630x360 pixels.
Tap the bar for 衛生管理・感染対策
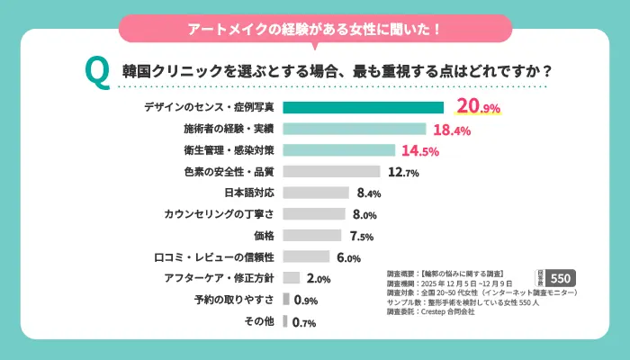point(338,150)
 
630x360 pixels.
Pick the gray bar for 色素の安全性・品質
point(331,171)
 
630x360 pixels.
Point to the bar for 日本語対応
point(315,193)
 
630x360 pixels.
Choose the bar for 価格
point(312,236)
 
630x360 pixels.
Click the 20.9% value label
point(477,107)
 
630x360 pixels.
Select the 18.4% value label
point(453,130)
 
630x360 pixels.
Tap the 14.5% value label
point(419,151)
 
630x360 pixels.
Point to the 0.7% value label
point(304,322)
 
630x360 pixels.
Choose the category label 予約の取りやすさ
point(234,301)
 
